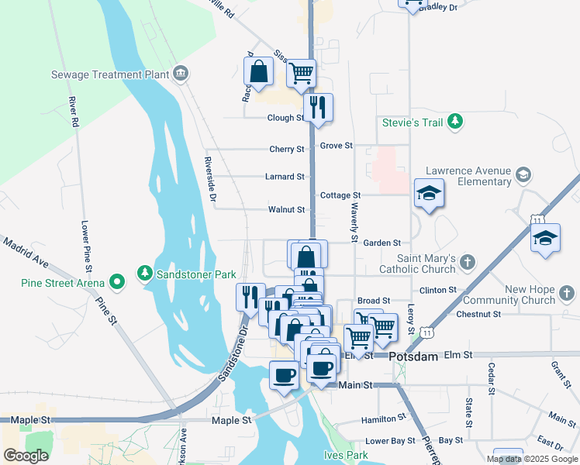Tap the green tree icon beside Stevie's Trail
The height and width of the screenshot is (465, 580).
click(x=456, y=122)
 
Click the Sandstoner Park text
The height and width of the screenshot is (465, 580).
click(x=196, y=274)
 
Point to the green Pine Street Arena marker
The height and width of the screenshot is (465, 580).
click(x=117, y=282)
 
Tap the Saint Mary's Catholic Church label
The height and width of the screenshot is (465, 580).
click(x=426, y=263)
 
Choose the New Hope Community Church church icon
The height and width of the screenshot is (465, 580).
click(x=568, y=294)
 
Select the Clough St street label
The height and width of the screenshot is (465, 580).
click(x=285, y=118)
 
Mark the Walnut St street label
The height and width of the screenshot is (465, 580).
click(x=286, y=209)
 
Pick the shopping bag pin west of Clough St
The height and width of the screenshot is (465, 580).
click(x=258, y=73)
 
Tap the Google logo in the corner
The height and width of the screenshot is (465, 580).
click(x=26, y=455)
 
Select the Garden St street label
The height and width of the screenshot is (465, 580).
click(x=381, y=243)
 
